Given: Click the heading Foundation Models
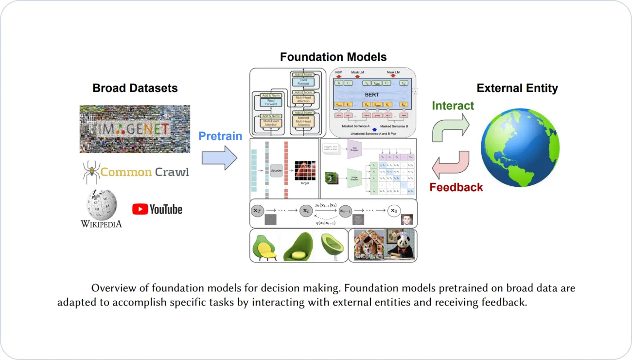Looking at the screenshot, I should [333, 57].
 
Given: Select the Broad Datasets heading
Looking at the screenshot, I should [135, 88].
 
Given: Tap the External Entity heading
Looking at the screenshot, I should [517, 88].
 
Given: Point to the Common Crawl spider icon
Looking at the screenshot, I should [90, 172].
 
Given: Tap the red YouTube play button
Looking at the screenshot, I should [140, 209].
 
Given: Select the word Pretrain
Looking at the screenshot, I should [220, 136].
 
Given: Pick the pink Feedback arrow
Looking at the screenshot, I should [451, 164].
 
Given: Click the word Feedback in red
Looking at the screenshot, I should [456, 187].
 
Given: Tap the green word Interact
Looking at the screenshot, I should [453, 106].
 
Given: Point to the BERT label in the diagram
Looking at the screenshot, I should [372, 96].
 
